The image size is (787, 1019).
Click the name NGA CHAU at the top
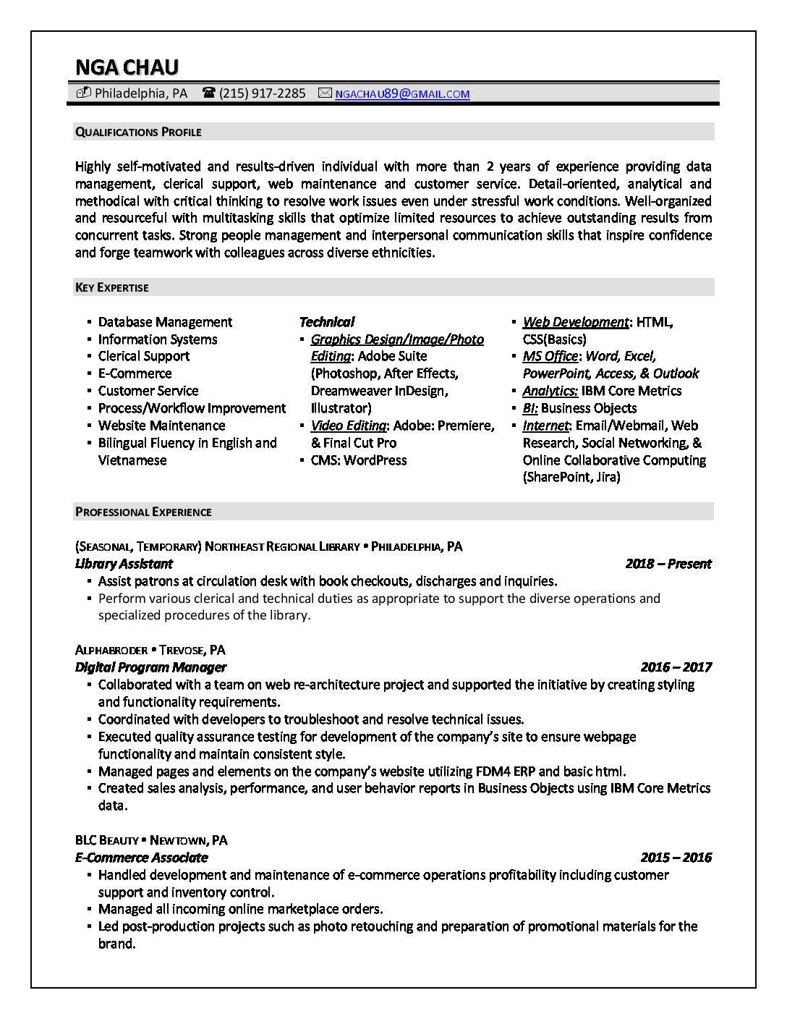127,67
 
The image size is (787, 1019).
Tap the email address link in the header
402,93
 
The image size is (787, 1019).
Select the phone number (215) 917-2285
262,93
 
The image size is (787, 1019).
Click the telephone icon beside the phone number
209,93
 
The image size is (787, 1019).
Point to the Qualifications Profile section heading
138,132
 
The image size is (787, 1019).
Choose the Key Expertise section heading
111,287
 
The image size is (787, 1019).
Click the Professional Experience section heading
143,512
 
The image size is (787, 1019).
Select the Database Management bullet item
165,322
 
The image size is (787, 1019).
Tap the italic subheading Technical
326,322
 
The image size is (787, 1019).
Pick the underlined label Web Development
575,322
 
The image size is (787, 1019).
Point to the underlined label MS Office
550,356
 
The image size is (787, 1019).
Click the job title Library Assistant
124,564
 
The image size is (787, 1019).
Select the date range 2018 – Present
668,564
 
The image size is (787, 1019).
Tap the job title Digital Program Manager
150,667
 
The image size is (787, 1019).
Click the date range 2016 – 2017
676,667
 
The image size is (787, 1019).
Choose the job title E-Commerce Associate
141,858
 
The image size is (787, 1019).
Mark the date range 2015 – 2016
676,858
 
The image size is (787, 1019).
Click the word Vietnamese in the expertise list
132,460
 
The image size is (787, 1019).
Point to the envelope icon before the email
325,93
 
